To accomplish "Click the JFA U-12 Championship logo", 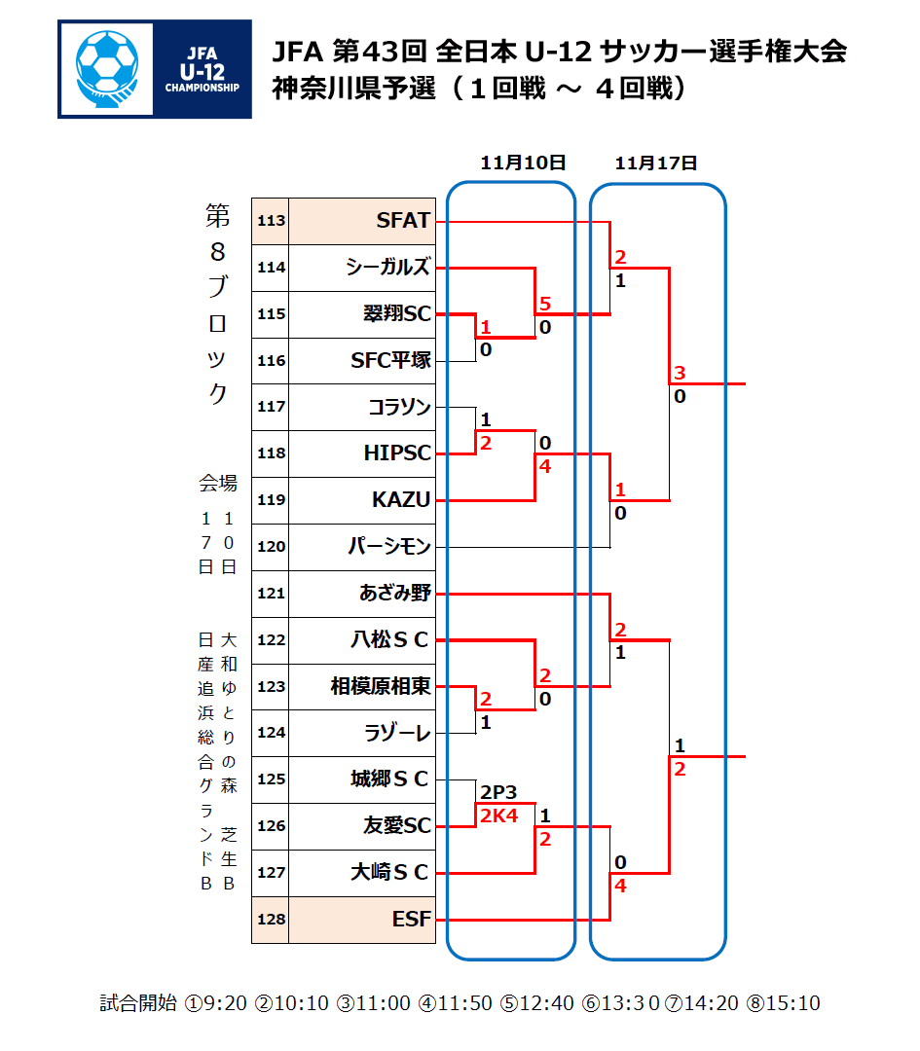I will pos(155,69).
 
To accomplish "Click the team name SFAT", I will pos(403,221).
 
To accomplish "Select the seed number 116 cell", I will pos(271,361).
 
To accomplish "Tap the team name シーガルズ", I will pos(387,268).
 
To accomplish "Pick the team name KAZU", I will pos(401,500).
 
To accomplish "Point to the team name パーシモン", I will pos(389,547).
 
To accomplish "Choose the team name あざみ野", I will pos(394,593).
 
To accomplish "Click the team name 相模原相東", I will pos(381,686).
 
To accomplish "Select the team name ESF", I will pos(411,920).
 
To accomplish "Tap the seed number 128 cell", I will pos(271,920).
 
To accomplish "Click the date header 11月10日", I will pos(523,163).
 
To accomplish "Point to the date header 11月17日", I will pos(656,163).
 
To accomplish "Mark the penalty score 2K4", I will pos(497,815).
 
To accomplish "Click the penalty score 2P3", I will pos(497,792).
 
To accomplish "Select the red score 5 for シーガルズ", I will pos(545,304).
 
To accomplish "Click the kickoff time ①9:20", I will pos(215,1003).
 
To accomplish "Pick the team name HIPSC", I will pos(397,453).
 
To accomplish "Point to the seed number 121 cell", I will pos(271,594).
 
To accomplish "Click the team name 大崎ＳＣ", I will pos(389,873).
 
